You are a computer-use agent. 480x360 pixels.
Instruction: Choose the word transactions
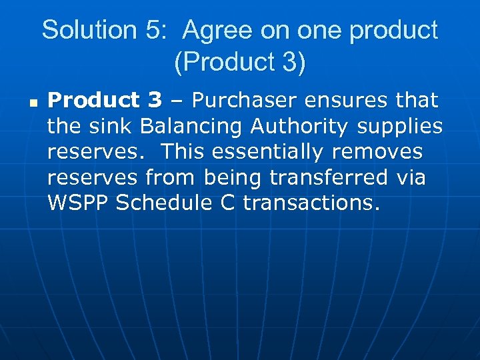pos(311,203)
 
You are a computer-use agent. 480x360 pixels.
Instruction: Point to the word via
pos(410,178)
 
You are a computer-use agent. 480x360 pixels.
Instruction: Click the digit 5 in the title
pos(149,31)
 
